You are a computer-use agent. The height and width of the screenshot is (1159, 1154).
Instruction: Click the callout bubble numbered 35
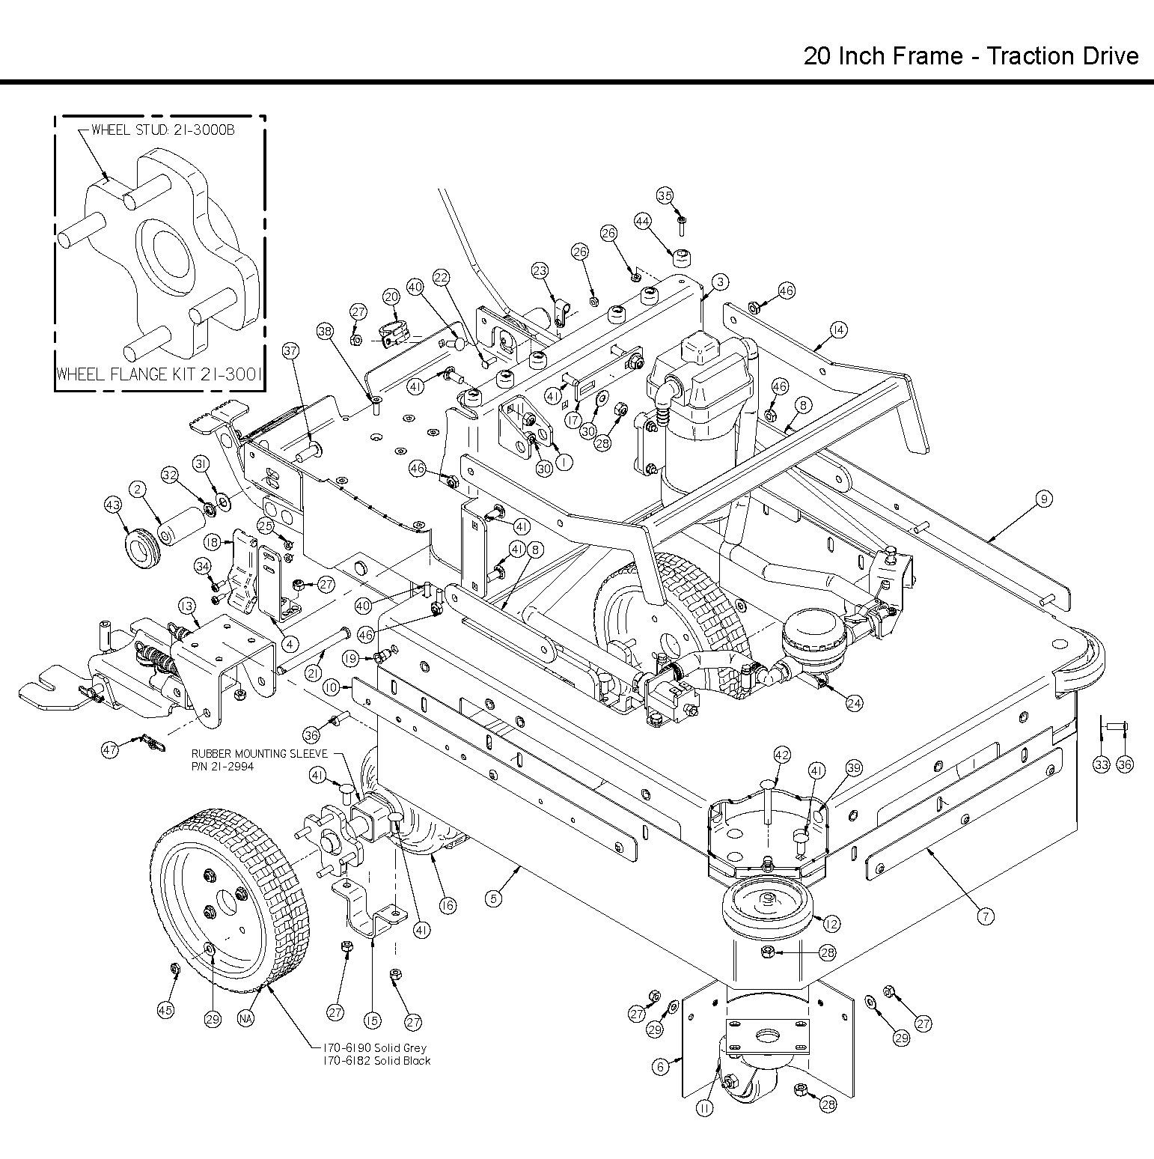(665, 196)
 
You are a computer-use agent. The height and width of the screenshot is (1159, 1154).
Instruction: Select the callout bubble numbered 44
(642, 222)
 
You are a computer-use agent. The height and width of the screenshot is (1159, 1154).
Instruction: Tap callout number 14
(838, 329)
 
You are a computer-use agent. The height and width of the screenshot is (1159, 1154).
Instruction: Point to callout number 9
(1045, 499)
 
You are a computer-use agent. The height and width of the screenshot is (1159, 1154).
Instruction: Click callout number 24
(855, 703)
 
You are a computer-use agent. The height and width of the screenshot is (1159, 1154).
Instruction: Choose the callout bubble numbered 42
(781, 755)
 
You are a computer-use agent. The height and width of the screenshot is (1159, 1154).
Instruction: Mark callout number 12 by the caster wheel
(831, 923)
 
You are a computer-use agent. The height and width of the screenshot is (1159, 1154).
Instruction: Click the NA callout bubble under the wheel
(245, 1018)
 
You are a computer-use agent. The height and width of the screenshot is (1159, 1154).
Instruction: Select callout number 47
(111, 749)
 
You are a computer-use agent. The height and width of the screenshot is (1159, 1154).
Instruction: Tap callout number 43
(113, 506)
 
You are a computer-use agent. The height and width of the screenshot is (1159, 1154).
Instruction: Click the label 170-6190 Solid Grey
(373, 1048)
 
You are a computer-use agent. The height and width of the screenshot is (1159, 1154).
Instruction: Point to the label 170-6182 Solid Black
(376, 1061)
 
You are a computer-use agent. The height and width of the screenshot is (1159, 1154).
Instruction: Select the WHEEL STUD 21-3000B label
(162, 130)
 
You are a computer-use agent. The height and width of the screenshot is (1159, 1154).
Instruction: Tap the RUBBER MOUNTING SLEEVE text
(260, 754)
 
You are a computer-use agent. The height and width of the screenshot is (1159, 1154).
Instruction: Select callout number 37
(290, 350)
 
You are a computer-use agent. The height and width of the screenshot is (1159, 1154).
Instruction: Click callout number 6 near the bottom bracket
(660, 1067)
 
